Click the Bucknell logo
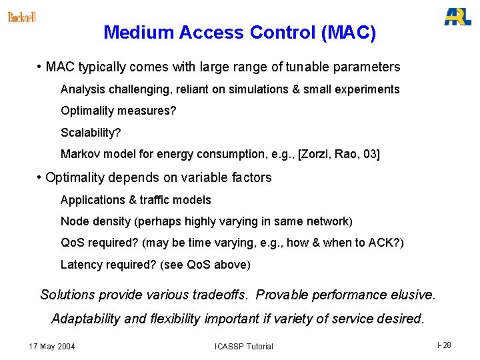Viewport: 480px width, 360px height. click(22, 17)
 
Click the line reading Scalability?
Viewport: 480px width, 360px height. click(91, 133)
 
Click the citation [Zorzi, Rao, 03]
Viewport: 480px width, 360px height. click(339, 154)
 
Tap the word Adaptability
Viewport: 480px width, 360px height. click(86, 319)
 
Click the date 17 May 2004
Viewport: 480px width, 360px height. click(52, 346)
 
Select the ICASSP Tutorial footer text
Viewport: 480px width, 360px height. click(244, 346)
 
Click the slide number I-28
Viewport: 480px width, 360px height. click(444, 345)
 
